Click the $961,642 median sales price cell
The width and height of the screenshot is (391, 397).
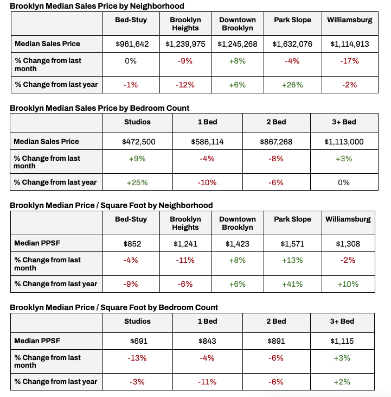132,44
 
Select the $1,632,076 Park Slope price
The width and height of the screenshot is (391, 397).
292,44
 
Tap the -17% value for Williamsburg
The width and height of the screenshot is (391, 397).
349,61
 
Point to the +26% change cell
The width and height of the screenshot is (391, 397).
292,85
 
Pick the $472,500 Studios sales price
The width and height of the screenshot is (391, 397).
137,142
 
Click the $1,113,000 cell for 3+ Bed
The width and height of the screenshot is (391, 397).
344,142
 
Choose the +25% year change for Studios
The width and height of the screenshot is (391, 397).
137,182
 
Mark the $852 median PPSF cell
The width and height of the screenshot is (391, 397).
132,244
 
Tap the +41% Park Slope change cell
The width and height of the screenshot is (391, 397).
292,284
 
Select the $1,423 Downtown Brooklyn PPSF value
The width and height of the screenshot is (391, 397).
238,244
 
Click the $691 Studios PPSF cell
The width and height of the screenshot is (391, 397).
137,341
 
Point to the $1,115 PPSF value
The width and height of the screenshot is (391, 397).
344,341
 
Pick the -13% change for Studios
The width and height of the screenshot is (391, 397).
137,358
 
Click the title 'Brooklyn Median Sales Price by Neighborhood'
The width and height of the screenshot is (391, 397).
97,6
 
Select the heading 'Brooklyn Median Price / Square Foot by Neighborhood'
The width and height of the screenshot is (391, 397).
111,205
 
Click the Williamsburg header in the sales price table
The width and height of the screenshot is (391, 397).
350,20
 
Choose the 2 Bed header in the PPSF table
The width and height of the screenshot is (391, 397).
275,322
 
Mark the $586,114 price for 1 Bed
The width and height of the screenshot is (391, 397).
207,142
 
